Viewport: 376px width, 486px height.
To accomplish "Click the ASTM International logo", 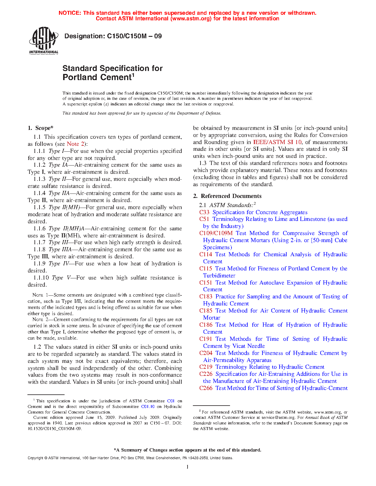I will pos(43,40).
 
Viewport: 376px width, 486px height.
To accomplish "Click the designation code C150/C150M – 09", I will pos(134,36).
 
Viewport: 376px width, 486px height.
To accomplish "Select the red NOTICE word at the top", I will pos(70,13).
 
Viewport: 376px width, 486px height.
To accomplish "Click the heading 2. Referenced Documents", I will pos(227,196).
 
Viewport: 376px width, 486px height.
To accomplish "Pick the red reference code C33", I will pos(204,212).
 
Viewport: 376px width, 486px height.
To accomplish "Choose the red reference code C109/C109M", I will pos(216,233).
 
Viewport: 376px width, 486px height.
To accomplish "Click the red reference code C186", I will pos(206,325).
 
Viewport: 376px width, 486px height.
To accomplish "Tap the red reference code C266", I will pos(206,388).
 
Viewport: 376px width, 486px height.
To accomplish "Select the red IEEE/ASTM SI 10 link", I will pos(277,142).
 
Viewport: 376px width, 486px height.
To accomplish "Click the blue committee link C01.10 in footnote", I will pos(148,407).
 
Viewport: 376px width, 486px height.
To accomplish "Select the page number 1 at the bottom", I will pos(188,467).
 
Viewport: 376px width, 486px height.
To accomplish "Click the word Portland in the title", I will pos(80,77).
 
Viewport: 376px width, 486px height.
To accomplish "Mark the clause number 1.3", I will pos(203,163).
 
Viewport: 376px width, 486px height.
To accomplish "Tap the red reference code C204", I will pos(206,353).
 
